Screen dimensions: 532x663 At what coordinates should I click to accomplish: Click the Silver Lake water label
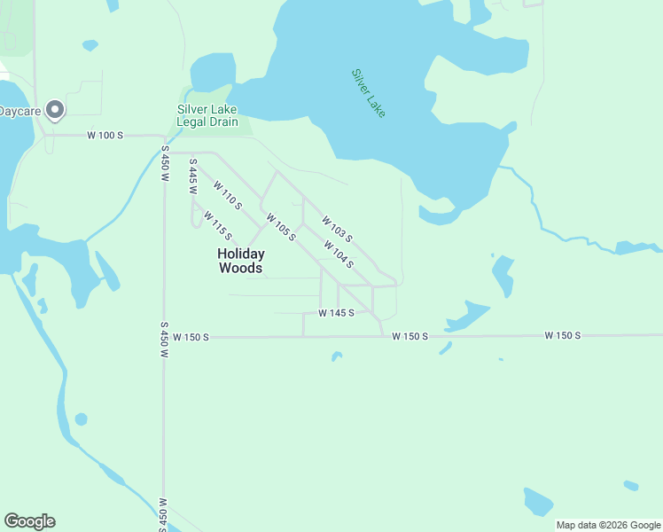point(369,93)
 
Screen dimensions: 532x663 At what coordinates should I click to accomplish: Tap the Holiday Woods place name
point(241,260)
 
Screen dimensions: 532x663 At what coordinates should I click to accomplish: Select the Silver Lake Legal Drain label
point(207,115)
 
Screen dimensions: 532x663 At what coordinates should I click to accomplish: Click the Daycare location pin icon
point(55,109)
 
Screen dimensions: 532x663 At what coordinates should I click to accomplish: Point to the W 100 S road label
point(105,136)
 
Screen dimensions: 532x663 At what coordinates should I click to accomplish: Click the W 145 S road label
point(337,313)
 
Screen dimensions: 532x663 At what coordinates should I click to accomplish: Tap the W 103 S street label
point(338,229)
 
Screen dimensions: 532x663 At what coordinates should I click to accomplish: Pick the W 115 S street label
point(217,225)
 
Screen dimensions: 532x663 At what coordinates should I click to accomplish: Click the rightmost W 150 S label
point(563,335)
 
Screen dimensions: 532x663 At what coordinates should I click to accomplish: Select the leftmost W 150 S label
point(191,337)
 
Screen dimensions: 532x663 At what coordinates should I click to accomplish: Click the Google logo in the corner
point(29,521)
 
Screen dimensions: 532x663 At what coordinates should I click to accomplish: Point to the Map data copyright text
point(608,525)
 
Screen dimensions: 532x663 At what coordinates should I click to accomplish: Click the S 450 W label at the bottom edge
point(163,512)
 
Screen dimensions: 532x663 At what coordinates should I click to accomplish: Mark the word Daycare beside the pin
point(20,110)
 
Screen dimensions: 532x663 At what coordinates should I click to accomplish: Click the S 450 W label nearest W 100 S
point(165,164)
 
